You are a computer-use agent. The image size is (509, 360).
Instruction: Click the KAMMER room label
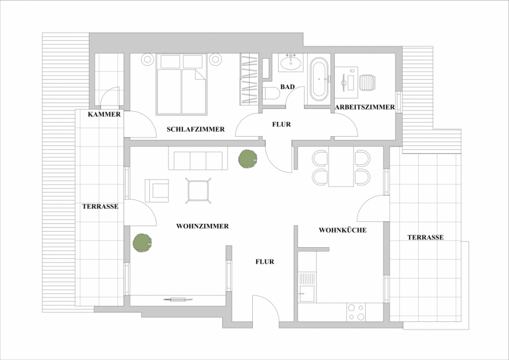[x=104, y=114]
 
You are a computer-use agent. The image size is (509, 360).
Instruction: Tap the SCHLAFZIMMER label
[x=195, y=129]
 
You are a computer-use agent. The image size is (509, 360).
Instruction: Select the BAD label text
[x=287, y=87]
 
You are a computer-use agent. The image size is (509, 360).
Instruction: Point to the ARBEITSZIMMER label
[x=365, y=107]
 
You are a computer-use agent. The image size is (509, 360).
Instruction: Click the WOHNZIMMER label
[x=202, y=226]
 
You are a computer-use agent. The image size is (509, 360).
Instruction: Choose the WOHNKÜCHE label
[x=342, y=230]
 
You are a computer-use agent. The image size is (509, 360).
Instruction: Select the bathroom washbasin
[x=291, y=63]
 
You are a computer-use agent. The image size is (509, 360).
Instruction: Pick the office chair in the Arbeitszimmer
[x=367, y=82]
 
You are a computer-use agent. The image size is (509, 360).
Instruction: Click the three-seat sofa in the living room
[x=198, y=160]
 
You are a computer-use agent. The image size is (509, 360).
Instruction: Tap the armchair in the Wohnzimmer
[x=157, y=190]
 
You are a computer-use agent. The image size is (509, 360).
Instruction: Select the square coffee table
[x=198, y=191]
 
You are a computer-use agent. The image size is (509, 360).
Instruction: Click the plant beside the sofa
[x=247, y=159]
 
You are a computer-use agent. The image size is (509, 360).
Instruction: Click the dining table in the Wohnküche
[x=341, y=167]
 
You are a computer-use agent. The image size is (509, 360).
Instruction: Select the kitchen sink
[x=307, y=286]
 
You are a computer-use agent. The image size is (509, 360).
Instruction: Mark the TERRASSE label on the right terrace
[x=425, y=237]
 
